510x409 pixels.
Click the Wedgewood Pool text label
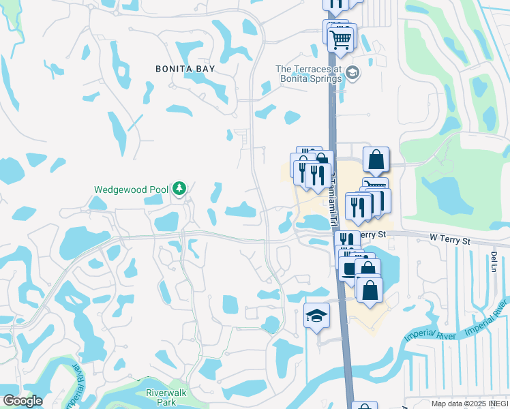pyautogui.click(x=132, y=190)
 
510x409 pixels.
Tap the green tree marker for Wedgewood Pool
pyautogui.click(x=179, y=188)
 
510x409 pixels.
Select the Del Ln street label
pyautogui.click(x=493, y=260)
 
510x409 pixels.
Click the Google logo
pyautogui.click(x=22, y=400)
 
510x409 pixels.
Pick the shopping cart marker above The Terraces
pyautogui.click(x=341, y=37)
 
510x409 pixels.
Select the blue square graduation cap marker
pyautogui.click(x=316, y=316)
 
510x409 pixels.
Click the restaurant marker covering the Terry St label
pyautogui.click(x=347, y=240)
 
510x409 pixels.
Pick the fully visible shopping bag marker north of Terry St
pyautogui.click(x=375, y=160)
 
